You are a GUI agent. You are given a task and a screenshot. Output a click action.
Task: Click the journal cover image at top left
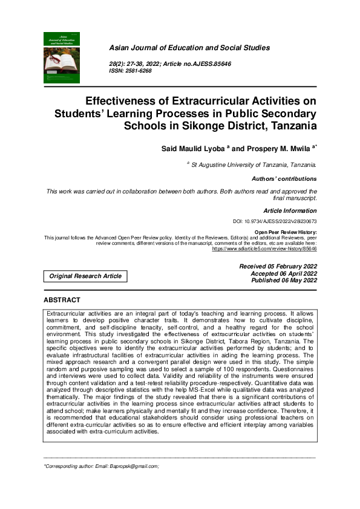pos(62,57)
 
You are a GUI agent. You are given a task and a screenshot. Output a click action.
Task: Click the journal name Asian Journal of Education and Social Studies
pos(189,48)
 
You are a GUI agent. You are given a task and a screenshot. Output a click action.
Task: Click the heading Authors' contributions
pos(284,179)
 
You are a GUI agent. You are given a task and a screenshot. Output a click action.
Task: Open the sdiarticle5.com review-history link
pos(264,248)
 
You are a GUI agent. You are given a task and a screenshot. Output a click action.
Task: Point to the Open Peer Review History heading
pos(285,232)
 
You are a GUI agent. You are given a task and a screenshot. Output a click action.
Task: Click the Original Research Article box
pos(86,276)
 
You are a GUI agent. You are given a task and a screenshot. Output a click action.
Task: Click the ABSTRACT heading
pos(62,300)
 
